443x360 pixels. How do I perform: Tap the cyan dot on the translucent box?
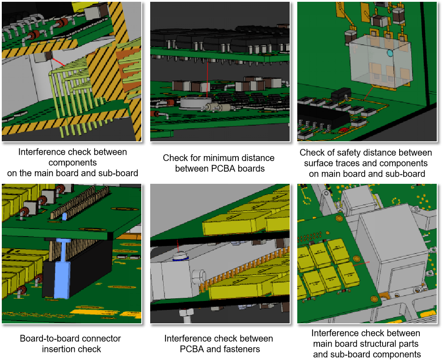pos(390,53)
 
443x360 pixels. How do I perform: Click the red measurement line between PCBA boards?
pos(207,80)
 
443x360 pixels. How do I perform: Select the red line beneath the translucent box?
pos(368,93)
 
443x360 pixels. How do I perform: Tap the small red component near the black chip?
pos(344,130)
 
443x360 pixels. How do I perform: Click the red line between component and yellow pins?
pos(58,62)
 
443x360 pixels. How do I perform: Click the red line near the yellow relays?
pos(360,264)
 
